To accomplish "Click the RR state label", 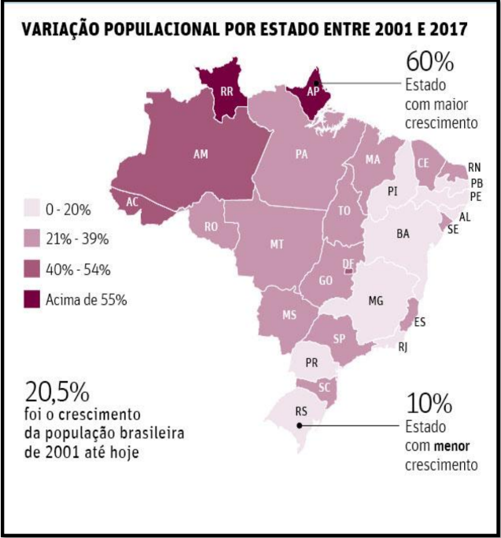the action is (227, 91).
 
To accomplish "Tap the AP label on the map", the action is (313, 91).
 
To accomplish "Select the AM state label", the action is (201, 154).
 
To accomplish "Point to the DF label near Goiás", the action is (348, 263).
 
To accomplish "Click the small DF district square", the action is (348, 271).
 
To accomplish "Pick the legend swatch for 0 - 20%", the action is (32, 208).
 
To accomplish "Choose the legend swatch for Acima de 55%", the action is (32, 299).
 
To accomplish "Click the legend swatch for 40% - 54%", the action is (32, 269).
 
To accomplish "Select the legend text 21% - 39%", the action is (77, 239).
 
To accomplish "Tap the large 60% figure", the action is (430, 62).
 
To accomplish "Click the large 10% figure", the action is (429, 404).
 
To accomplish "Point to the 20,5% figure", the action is (57, 392).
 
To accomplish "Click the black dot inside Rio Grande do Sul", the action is (300, 426).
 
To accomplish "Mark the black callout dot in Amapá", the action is (316, 83).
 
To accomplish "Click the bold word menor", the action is (452, 446).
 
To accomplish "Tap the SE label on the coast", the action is (453, 229).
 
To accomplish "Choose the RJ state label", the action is (403, 347).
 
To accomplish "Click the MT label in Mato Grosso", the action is (277, 244).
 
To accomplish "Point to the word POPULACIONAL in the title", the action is (161, 30).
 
